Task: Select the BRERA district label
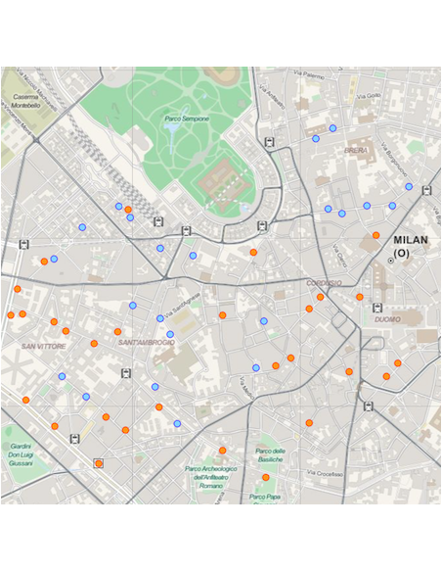356,151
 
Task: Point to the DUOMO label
387,319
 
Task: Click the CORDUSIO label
324,283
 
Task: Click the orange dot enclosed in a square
98,463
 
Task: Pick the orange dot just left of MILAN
376,235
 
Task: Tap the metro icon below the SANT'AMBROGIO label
125,372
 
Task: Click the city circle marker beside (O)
390,261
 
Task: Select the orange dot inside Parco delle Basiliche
265,477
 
